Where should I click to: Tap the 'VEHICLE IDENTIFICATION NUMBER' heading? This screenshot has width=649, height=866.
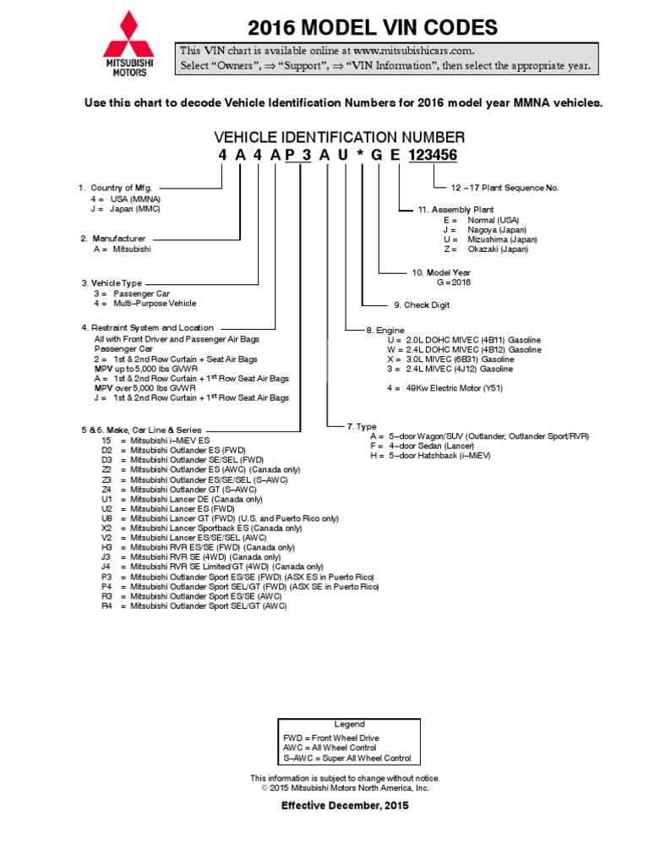point(339,137)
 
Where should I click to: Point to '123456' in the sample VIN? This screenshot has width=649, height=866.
point(433,156)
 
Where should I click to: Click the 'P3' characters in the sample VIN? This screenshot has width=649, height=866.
point(298,156)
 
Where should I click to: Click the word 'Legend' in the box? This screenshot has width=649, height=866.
point(349,724)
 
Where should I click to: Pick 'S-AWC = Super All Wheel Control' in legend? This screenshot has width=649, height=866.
point(347,759)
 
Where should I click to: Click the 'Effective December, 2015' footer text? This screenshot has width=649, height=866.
point(345,806)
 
